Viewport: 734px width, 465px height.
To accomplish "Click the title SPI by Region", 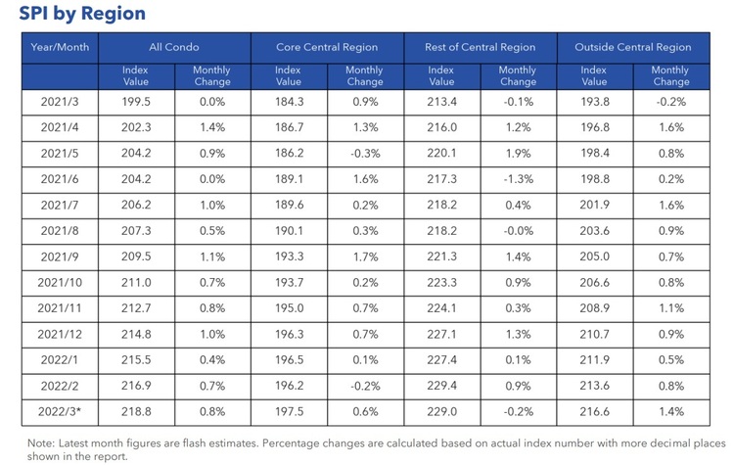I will point(81,14).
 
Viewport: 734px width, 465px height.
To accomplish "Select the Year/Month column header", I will point(60,46).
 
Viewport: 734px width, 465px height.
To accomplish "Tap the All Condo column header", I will point(173,46).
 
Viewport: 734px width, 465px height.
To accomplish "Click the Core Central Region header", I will point(326,46).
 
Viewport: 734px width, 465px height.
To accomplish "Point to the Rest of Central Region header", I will point(480,46).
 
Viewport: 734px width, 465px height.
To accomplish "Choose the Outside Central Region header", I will point(632,46).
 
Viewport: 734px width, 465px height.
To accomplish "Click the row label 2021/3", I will point(60,100).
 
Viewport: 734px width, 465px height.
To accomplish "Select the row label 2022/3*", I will point(60,413).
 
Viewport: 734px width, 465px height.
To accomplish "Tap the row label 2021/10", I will point(60,282).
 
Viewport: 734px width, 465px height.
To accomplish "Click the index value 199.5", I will point(135,100).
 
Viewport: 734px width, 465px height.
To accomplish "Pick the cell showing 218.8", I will point(135,413).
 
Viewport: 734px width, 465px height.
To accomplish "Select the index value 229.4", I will point(441,387).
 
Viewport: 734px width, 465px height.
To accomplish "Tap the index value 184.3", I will point(288,100).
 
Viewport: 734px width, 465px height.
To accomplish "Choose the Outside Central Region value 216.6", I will point(594,413).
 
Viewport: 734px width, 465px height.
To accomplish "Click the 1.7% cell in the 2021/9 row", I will point(364,256).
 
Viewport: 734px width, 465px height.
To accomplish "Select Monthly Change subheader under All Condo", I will point(211,76).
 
